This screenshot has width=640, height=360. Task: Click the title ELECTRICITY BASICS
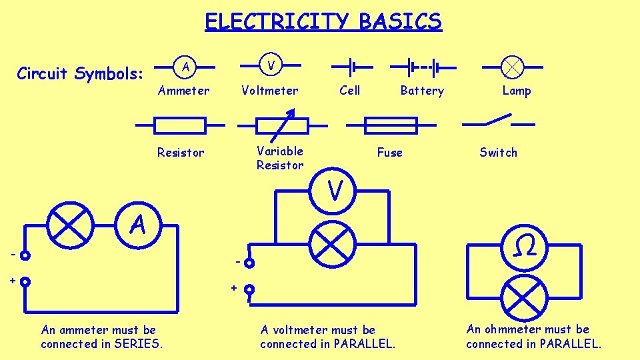(323, 21)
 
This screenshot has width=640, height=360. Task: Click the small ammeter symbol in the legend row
(186, 67)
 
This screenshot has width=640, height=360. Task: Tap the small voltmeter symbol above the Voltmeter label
(270, 66)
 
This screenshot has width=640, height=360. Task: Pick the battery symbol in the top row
(423, 67)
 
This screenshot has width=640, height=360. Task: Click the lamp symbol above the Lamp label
(513, 67)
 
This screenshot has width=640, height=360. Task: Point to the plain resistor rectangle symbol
(180, 125)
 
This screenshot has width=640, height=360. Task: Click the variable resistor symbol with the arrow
(283, 125)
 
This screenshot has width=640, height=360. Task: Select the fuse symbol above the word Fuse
(391, 125)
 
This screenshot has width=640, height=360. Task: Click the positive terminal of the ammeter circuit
(25, 281)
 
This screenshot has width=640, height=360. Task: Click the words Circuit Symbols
(80, 73)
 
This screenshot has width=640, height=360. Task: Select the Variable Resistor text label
(280, 158)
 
